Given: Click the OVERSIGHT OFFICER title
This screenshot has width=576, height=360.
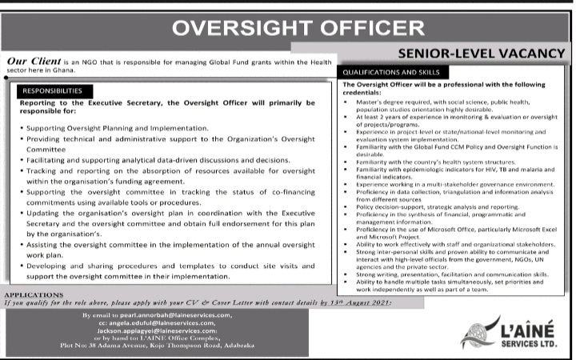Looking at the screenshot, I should point(287,28).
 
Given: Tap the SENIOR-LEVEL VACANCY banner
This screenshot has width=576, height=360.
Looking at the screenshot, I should point(480,54).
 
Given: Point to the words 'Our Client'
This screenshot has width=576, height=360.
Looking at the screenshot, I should point(32,61).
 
